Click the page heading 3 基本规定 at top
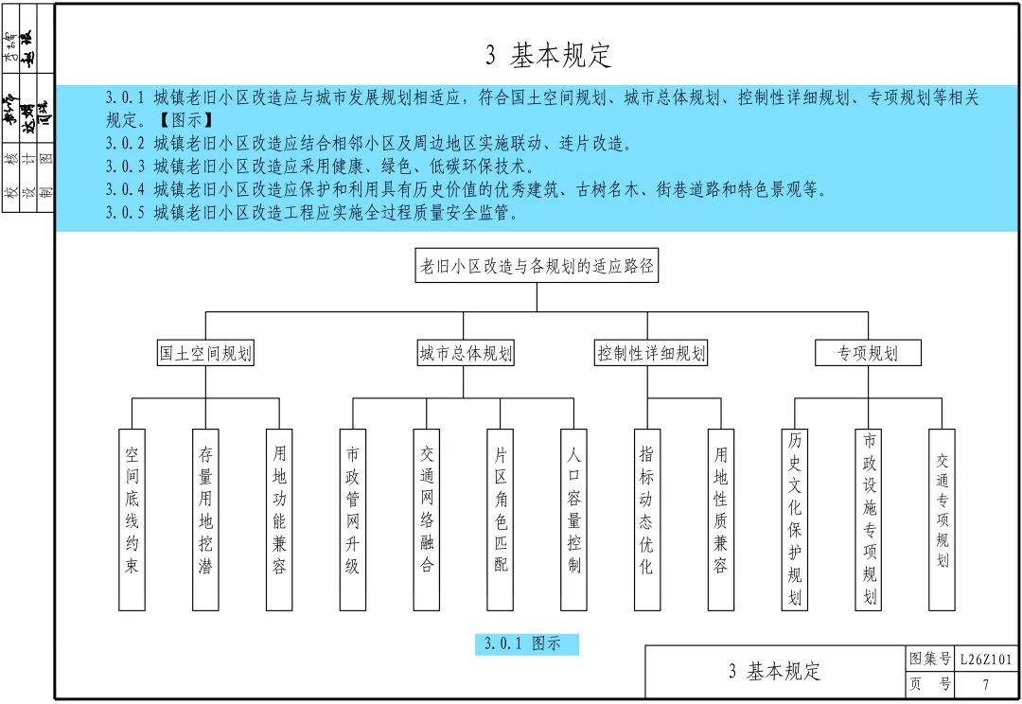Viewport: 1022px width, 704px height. [549, 55]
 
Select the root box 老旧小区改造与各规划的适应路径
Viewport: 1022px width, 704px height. [537, 267]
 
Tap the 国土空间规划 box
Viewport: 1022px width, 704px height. [205, 354]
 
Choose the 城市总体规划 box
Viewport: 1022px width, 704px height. [466, 354]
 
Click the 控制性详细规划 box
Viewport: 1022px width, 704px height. [651, 354]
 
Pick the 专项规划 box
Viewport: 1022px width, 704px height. [868, 354]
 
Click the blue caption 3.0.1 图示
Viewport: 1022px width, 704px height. [526, 644]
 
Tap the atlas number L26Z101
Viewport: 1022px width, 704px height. [986, 660]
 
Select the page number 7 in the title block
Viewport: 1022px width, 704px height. [986, 685]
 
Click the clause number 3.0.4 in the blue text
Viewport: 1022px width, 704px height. [126, 189]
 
